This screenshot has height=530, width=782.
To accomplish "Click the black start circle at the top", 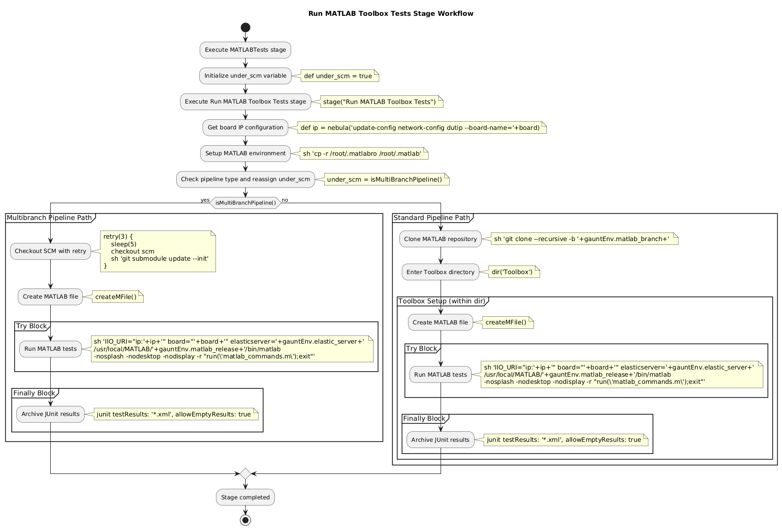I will [x=245, y=27].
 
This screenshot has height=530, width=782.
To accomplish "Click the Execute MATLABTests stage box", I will [x=245, y=50].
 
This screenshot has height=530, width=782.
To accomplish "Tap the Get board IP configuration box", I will [x=245, y=127].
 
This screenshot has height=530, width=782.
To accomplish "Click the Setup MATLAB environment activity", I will [x=245, y=153].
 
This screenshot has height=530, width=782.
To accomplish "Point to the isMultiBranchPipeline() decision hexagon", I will [x=245, y=203].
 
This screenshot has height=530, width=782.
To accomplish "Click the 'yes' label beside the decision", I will [x=205, y=200].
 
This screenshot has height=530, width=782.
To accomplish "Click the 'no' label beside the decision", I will [x=285, y=200].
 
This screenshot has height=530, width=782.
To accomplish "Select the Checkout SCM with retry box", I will [x=50, y=251].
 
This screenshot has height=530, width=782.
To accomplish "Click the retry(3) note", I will [x=158, y=251].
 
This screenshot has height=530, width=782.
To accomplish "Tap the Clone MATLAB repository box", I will [x=441, y=239].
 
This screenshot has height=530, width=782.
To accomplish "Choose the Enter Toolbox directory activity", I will [x=441, y=272].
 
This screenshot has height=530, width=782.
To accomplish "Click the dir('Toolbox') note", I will [x=512, y=272].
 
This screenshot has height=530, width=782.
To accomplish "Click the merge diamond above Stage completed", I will [x=245, y=473].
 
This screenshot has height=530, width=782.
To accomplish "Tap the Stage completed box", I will [x=245, y=497].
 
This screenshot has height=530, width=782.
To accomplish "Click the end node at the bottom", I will [x=245, y=520].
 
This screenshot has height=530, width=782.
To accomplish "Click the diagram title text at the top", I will [x=391, y=13].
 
